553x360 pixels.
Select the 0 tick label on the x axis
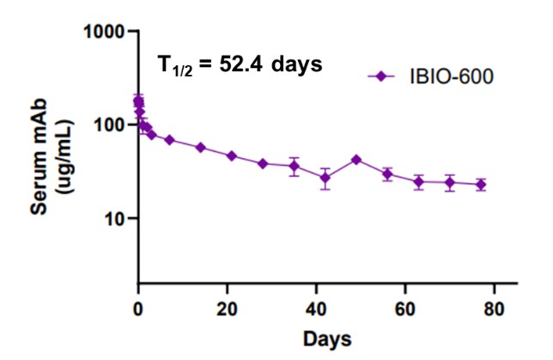(138, 309)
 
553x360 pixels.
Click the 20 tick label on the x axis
(228, 309)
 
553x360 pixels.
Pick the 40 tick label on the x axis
(317, 309)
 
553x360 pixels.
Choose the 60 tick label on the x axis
(406, 309)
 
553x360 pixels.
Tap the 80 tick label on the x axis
(495, 309)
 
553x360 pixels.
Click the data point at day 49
(356, 160)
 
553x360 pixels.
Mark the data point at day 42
(325, 178)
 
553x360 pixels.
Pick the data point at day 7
(169, 140)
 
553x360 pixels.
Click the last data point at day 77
(481, 185)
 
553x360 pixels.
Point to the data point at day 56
(387, 174)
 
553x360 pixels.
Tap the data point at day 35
(295, 166)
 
